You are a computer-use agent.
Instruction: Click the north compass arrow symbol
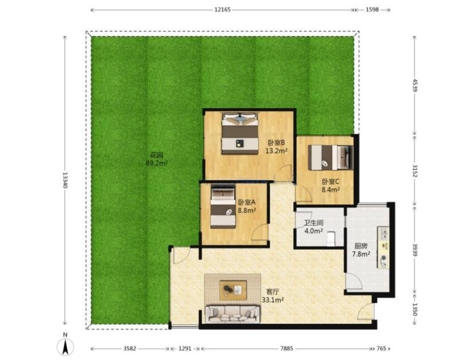(65, 347)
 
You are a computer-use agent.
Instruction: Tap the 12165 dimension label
(223, 10)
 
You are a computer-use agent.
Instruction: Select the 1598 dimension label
(372, 10)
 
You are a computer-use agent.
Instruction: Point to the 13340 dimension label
(65, 180)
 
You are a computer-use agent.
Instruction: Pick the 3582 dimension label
(130, 349)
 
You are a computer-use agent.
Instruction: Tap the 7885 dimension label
(286, 349)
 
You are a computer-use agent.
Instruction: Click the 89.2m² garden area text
(156, 163)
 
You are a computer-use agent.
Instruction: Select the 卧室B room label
(276, 143)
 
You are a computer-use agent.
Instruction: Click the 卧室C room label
(330, 181)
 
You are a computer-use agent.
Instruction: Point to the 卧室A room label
(247, 202)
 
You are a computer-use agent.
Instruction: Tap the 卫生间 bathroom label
(314, 223)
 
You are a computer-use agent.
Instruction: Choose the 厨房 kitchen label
(361, 246)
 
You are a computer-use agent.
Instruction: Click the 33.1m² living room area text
(273, 300)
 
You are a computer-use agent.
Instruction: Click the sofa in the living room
(232, 314)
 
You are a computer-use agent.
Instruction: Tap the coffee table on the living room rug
(233, 290)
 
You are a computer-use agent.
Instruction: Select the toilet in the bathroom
(331, 239)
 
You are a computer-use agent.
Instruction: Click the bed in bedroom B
(240, 133)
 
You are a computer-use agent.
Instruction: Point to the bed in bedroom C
(330, 157)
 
